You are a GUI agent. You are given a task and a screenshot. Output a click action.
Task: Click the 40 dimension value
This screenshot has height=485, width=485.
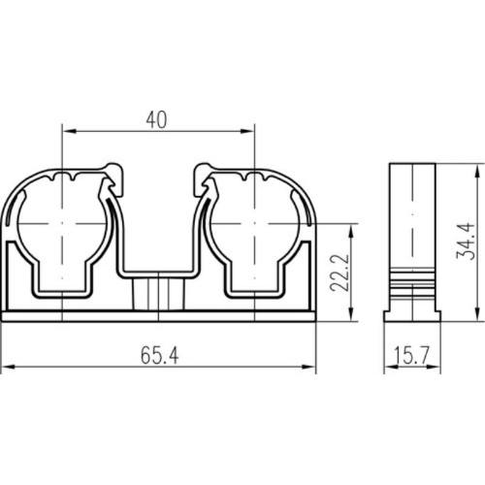156,119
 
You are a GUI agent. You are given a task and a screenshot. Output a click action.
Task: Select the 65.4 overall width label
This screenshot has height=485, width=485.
159,355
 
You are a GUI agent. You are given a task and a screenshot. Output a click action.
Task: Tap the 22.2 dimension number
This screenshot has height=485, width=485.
339,273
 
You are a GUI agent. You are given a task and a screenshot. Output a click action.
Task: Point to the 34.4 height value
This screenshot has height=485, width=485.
466,242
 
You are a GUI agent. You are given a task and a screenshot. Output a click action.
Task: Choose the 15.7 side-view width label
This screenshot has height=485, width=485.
412,355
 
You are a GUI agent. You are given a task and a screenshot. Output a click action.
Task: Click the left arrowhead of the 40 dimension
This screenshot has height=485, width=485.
69,131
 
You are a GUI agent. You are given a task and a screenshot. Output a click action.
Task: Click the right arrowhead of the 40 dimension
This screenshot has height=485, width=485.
247,131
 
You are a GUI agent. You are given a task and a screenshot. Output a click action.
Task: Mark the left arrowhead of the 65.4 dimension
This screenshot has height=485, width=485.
9,367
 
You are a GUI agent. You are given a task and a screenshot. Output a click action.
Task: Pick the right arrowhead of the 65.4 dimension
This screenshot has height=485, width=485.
308,367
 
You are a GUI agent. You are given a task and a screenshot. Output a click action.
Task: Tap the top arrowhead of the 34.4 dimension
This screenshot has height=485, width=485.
476,171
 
